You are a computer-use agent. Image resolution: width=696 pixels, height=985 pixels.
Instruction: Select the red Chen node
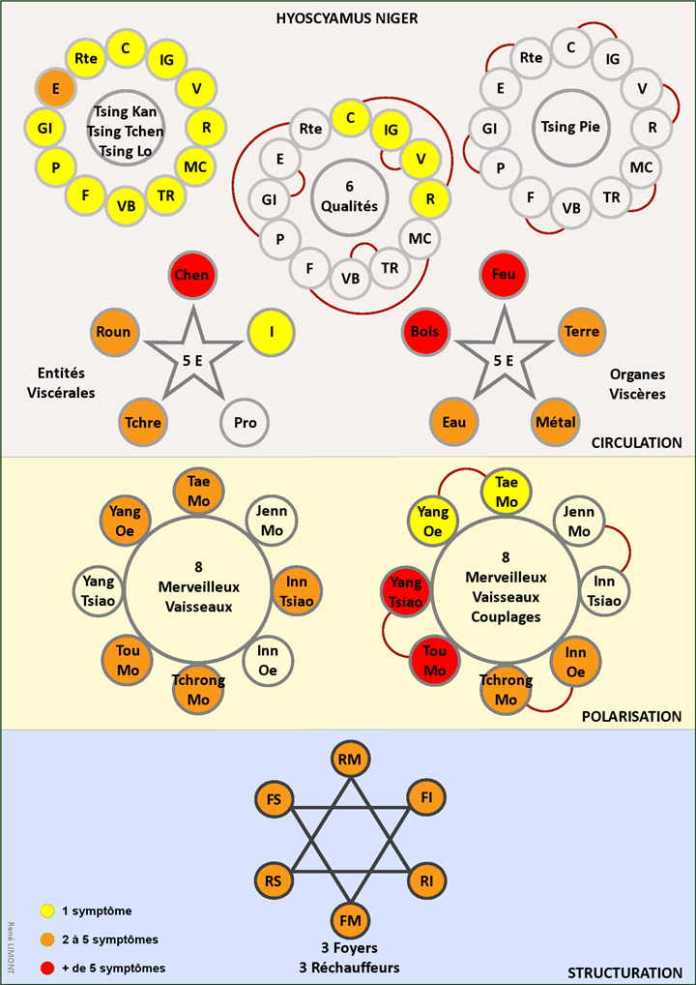192,276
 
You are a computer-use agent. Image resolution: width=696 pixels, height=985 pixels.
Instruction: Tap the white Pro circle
245,423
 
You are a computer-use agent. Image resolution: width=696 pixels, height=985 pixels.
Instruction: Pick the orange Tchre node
142,423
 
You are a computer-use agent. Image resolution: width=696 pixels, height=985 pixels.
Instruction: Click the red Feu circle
504,276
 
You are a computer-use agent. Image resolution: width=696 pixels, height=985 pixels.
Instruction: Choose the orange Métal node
555,423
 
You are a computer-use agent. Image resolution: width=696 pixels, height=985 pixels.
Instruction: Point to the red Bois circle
424,332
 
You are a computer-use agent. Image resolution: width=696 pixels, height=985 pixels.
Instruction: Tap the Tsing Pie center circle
569,126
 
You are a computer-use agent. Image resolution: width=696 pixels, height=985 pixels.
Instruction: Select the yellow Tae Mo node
506,491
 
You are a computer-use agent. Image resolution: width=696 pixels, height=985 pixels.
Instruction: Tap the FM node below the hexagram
349,919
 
